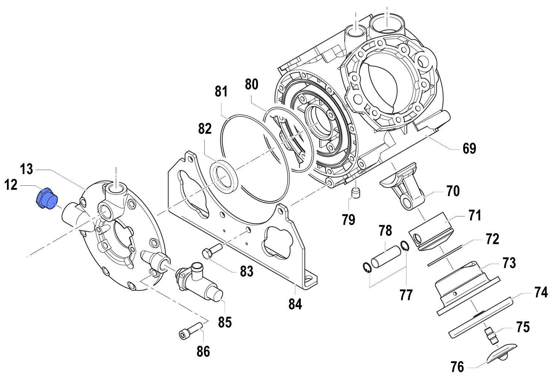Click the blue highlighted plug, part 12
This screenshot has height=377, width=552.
(x=46, y=199)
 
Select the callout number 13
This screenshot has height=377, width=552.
(x=26, y=169)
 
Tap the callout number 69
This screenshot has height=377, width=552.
(x=469, y=148)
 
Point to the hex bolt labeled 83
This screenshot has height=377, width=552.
(x=211, y=251)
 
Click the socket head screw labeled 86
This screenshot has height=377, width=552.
(x=190, y=330)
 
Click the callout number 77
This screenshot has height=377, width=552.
(x=406, y=295)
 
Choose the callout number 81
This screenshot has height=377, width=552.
(x=221, y=91)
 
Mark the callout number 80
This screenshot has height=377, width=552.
(x=252, y=84)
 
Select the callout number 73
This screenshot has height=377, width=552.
(x=509, y=263)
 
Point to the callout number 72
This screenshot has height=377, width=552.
(x=492, y=239)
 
